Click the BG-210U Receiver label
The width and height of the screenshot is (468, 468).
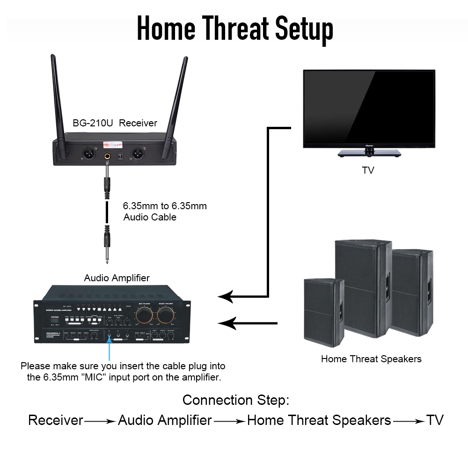click(x=115, y=123)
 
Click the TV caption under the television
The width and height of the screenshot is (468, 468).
click(x=368, y=170)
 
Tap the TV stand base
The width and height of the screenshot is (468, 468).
click(x=370, y=153)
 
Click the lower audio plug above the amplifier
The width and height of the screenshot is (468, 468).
click(x=107, y=241)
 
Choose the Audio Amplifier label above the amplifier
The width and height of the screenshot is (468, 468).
click(x=117, y=278)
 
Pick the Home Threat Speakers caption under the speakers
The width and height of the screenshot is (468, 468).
click(x=371, y=359)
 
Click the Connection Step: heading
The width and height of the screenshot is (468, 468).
click(x=236, y=400)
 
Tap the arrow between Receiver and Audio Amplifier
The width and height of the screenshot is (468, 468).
click(x=100, y=421)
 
